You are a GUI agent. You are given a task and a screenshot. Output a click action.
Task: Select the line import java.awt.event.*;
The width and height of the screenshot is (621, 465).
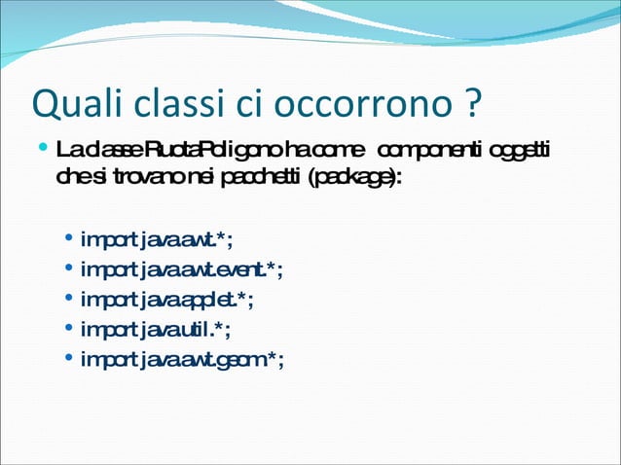(182, 269)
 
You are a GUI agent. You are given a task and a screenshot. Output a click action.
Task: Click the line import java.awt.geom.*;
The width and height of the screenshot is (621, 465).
(182, 360)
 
